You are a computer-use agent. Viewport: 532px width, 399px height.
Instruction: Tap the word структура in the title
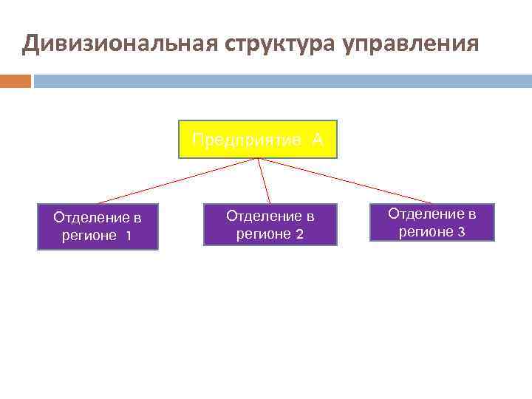[x=278, y=44]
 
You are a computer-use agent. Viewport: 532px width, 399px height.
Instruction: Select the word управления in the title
[x=411, y=44]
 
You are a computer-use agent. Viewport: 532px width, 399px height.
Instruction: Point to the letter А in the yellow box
[x=317, y=140]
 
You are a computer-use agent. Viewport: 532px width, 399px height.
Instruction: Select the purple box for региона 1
[x=98, y=228]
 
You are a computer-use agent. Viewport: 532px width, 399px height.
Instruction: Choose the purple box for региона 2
[x=270, y=225]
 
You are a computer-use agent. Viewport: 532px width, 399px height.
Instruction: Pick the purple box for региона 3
[x=432, y=222]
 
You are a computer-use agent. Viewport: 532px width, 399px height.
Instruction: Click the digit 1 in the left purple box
[x=129, y=236]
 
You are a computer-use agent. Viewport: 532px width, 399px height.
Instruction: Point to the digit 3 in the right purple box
[x=461, y=232]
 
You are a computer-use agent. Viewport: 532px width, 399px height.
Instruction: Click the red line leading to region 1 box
[x=177, y=180]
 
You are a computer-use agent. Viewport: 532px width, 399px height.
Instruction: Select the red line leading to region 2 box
[x=264, y=180]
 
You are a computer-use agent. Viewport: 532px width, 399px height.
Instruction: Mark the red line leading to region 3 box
[x=347, y=180]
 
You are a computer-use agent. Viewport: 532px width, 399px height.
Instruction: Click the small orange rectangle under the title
[x=16, y=81]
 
